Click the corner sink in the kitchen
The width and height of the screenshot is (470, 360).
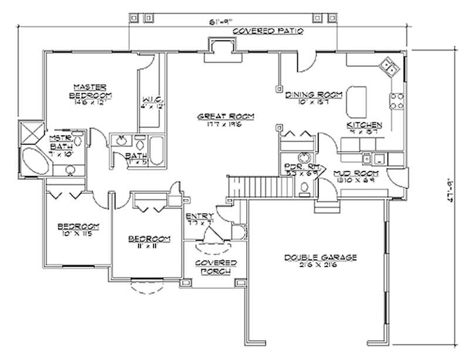388,66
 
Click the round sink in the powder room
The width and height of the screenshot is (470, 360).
303,157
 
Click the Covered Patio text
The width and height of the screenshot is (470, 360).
267,31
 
